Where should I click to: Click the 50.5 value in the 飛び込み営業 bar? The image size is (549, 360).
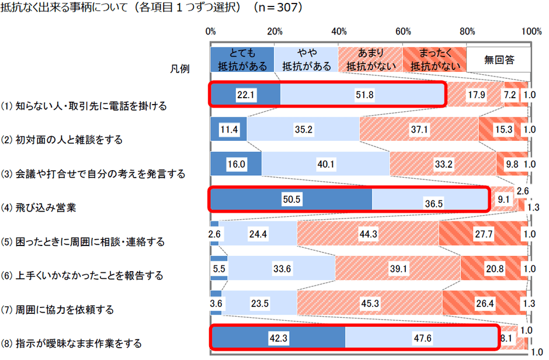coord(291,199)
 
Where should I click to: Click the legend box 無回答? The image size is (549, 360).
coord(498,60)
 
